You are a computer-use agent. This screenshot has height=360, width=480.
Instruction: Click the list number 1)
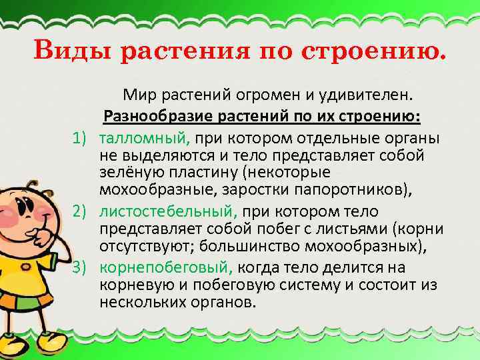coord(83,138)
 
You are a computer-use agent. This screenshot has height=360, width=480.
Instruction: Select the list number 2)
coord(83,212)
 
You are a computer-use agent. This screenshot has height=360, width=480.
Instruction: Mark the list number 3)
coord(83,268)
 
